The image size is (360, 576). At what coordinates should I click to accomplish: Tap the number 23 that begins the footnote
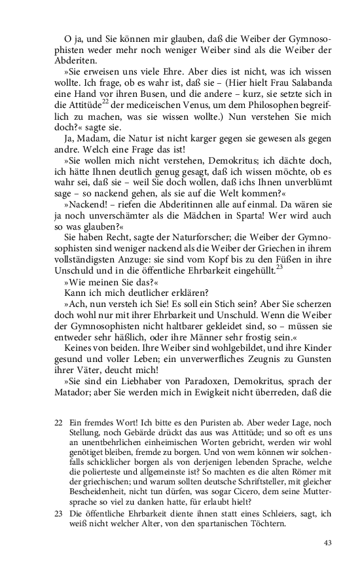click(59, 506)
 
